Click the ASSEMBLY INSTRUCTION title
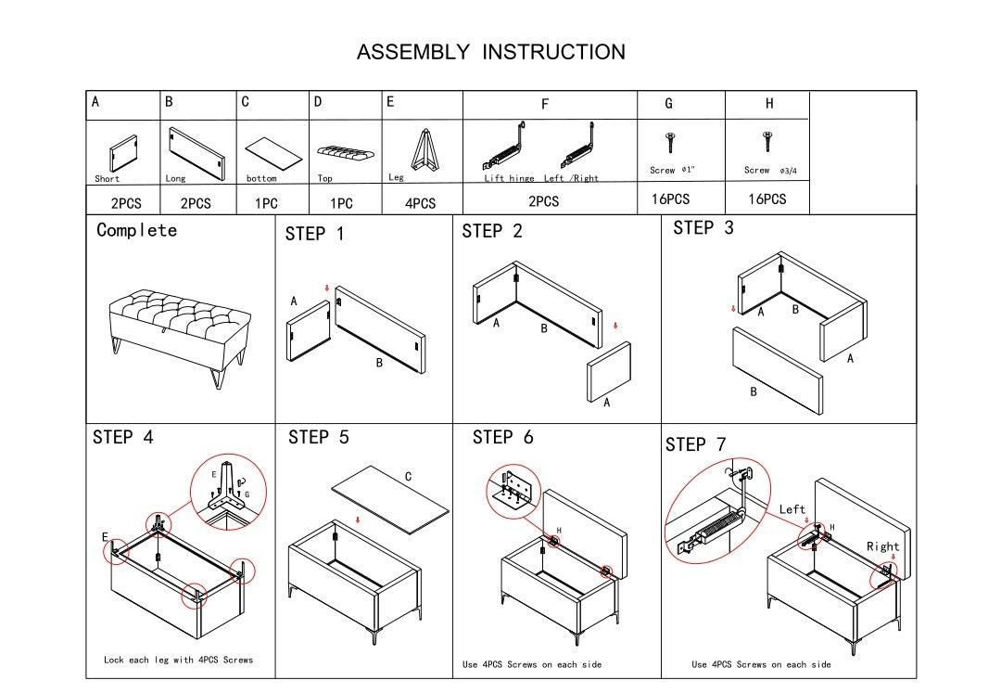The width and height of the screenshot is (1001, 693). coord(491,52)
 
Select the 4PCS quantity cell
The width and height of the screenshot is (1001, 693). coord(420,203)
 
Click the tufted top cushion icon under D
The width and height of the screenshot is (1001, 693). coord(345,150)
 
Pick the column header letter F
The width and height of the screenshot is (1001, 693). coord(545,105)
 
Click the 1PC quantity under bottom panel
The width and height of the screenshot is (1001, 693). coord(267,203)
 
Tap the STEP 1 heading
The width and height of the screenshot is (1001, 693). coord(314,234)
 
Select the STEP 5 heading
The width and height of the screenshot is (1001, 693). coord(319,437)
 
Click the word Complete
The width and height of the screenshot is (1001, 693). coord(136,230)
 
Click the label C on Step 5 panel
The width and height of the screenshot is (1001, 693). coord(408,477)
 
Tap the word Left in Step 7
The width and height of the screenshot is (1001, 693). coord(792,509)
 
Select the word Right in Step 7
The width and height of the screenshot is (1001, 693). coord(883,546)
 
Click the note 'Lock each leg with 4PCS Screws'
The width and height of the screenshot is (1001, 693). coord(178,660)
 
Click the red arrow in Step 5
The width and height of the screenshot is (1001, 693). coord(359,521)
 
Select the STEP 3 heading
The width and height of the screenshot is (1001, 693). coord(703,228)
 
